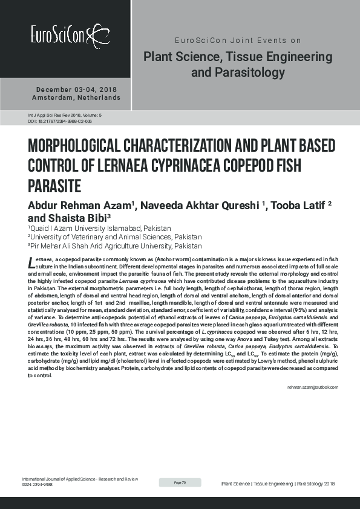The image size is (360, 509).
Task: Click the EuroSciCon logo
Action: (70, 34)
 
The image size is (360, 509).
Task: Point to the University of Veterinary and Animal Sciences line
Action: (115, 237)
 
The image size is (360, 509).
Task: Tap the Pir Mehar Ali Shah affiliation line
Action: (115, 246)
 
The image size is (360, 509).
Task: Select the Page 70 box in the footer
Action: (180, 482)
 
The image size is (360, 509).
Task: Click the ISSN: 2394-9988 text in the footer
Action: (37, 485)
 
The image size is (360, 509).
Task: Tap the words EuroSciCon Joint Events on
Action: (237, 41)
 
